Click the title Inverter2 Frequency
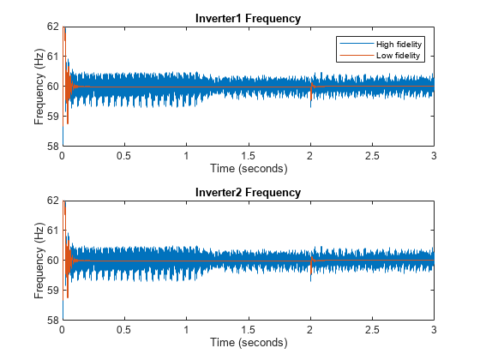[248, 193]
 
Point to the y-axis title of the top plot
[39, 87]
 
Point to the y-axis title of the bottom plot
[39, 261]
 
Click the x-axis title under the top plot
[248, 168]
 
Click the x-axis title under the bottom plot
[248, 342]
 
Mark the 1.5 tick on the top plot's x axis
[248, 157]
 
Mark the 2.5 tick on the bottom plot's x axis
[372, 331]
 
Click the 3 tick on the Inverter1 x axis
[434, 157]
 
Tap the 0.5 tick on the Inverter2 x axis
[124, 331]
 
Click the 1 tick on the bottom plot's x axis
[186, 331]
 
